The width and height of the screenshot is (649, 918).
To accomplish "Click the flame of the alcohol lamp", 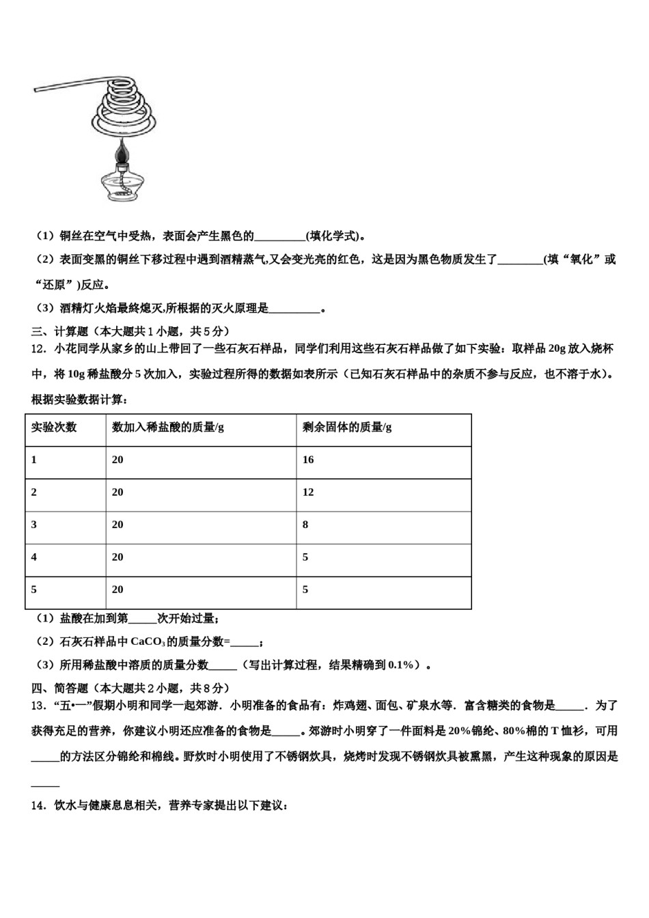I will coord(123,152).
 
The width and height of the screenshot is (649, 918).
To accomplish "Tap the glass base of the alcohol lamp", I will coord(122,186).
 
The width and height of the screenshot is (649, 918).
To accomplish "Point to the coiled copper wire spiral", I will coord(124,113).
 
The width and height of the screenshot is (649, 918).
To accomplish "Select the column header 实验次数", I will coord(54,428).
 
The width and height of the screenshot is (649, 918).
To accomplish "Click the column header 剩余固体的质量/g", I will coord(347,428).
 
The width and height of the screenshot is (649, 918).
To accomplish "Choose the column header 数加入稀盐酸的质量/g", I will coord(168,428).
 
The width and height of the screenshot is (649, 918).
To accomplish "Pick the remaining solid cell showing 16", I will coord(308,460).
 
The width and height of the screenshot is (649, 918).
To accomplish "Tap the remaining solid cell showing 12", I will coord(308,492).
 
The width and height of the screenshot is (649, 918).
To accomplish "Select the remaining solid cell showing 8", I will coord(305,525).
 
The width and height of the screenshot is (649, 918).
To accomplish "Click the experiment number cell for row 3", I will coord(34,525).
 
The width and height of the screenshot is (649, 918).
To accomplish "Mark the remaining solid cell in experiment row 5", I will coord(305,589).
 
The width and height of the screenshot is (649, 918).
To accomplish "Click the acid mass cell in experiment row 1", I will coord(118,460).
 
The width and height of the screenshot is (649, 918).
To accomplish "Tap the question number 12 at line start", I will coord(38,349).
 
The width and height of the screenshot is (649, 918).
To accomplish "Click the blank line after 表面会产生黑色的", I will coord(279,237).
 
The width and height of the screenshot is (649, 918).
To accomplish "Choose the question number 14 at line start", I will coord(38,806).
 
